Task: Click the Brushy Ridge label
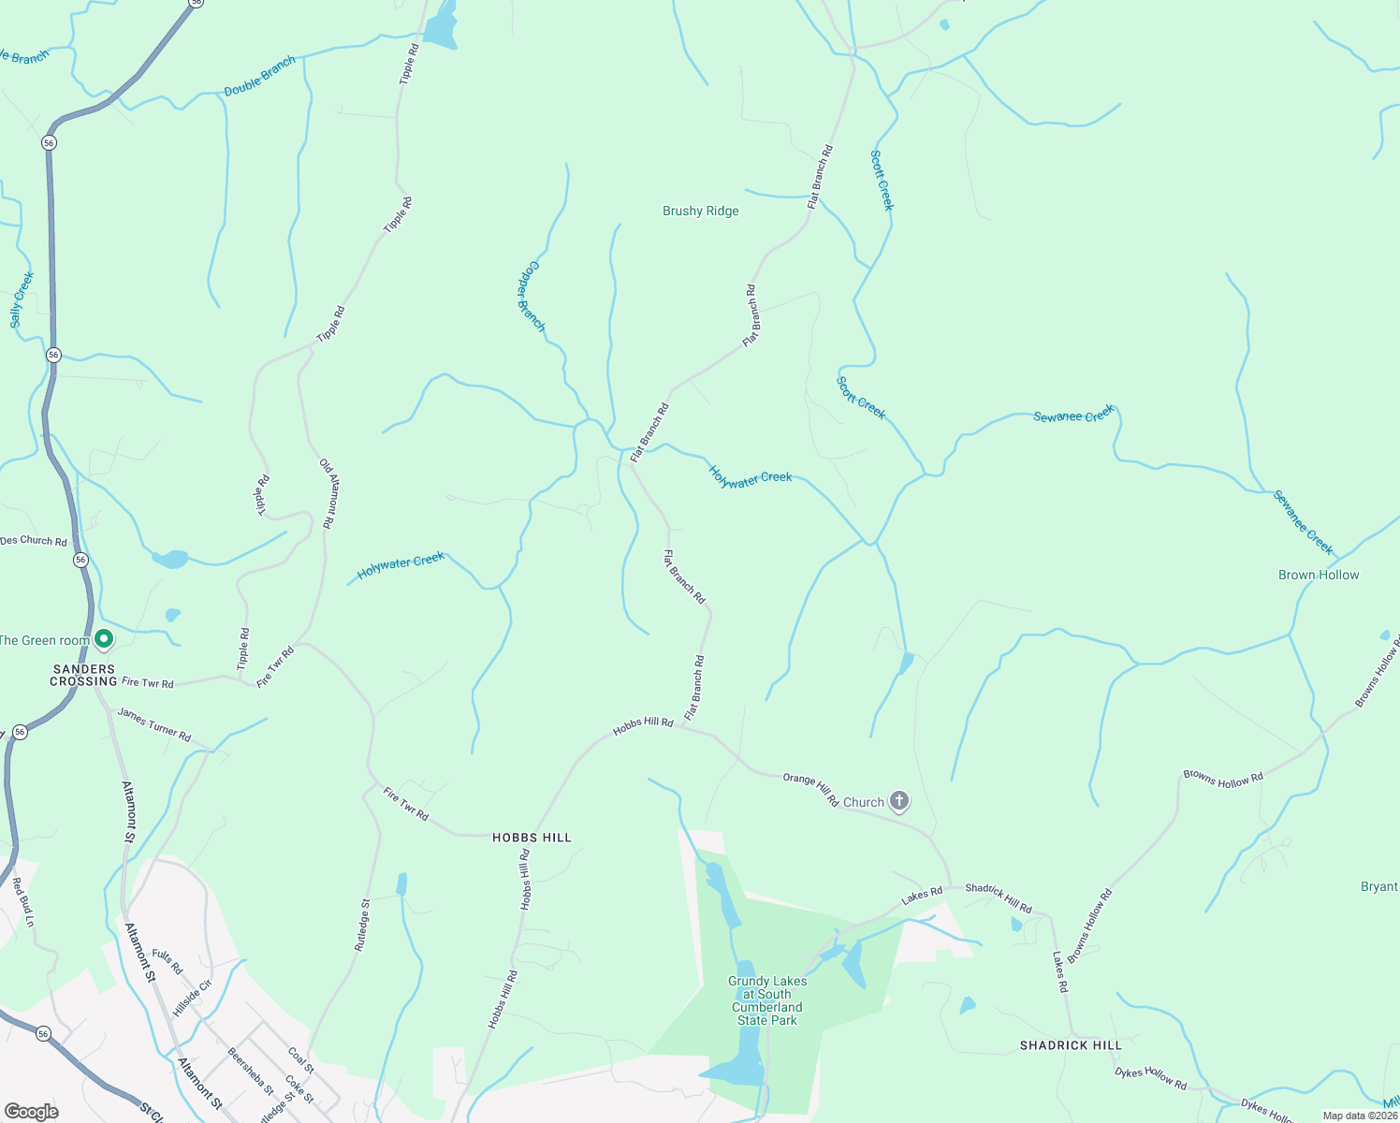[700, 211]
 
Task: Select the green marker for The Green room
[105, 639]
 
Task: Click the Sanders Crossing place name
[84, 675]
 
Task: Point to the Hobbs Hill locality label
[532, 838]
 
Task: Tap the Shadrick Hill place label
[1070, 1045]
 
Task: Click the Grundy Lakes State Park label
[766, 1000]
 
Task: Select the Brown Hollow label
[1318, 575]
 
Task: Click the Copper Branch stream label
[531, 296]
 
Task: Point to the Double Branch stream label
[259, 75]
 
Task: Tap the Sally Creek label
[22, 299]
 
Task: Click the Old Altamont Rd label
[328, 493]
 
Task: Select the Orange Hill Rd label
[810, 790]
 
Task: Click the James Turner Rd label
[154, 725]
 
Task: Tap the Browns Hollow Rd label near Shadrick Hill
[1090, 926]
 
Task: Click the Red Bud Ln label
[23, 902]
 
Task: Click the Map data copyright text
[1359, 1116]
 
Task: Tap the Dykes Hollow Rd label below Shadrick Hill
[1150, 1079]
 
